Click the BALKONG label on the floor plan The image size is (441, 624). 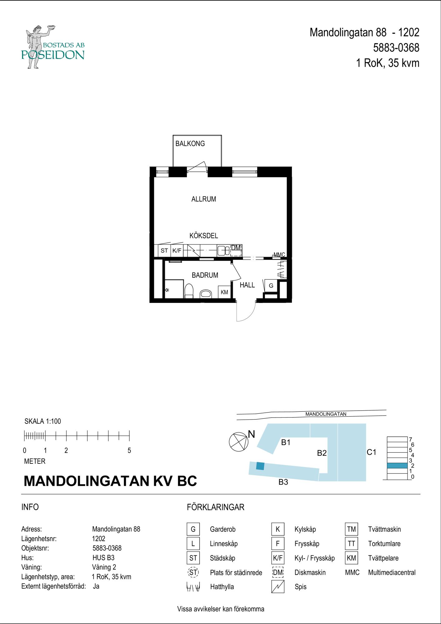[190, 144]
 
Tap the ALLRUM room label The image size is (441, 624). [203, 199]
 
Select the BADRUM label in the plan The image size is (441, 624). [205, 275]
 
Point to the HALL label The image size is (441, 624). [247, 285]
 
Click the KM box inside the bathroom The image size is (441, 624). [224, 292]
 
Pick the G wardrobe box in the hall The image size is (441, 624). [271, 285]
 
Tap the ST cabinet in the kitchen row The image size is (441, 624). [164, 251]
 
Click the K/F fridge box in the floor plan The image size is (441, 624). [177, 251]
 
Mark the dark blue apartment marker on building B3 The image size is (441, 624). [260, 466]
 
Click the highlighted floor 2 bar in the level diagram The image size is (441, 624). [397, 466]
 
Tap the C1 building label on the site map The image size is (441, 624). [371, 452]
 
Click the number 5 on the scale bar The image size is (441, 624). [129, 451]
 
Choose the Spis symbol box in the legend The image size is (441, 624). [278, 587]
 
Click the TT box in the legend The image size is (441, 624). [351, 544]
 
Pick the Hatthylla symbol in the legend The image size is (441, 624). [193, 587]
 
